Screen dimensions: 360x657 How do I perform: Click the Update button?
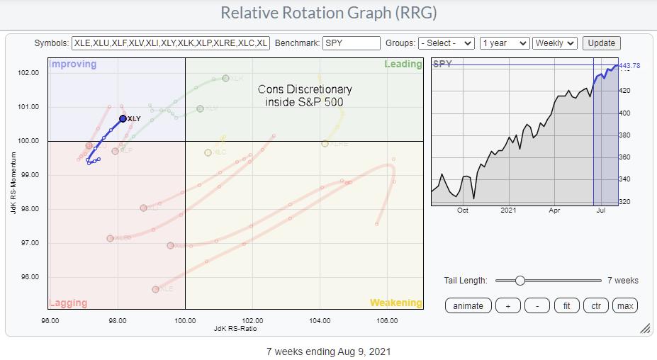(602, 43)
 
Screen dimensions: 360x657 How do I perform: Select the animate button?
(468, 305)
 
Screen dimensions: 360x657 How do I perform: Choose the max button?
(624, 305)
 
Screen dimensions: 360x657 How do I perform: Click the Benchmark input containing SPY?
(351, 43)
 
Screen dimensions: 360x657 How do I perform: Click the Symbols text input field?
(170, 43)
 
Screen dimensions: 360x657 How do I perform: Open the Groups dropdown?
(446, 43)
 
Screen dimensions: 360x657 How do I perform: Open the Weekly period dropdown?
(555, 43)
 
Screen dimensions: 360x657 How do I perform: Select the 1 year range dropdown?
(504, 43)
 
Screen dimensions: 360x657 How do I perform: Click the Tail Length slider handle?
(520, 281)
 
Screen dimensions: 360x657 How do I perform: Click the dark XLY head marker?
(123, 118)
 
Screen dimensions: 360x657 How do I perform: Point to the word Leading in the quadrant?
(403, 64)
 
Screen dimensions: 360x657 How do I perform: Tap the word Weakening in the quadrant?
(395, 303)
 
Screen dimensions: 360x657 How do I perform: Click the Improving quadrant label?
(72, 64)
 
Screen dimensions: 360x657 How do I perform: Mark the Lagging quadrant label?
(68, 303)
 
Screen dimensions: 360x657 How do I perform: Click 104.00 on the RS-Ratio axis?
(320, 320)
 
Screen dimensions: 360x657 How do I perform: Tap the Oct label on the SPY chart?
(463, 210)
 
